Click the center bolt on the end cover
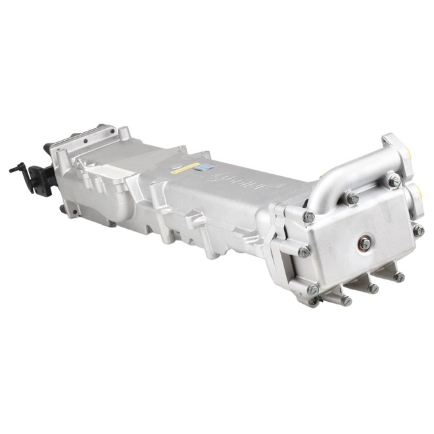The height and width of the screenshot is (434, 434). (364, 243)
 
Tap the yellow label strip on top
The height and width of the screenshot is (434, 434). (186, 166)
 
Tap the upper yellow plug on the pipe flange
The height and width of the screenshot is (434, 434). (407, 153)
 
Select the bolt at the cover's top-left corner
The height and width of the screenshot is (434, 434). (308, 216)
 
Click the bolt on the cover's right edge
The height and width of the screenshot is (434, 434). (418, 230)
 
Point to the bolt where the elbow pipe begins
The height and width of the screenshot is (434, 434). (352, 197)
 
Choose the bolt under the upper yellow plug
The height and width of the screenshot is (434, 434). (395, 180)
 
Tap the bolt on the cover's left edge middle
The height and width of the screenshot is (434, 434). (304, 251)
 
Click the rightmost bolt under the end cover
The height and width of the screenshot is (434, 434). (398, 277)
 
